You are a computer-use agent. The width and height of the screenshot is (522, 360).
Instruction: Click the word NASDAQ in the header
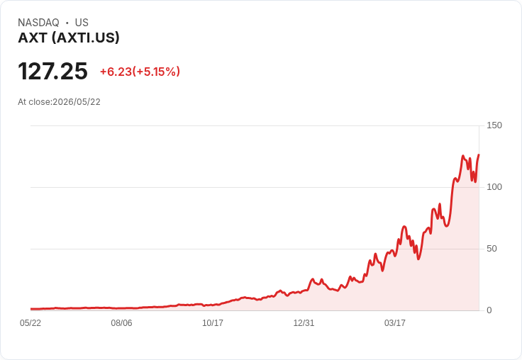tap(38, 23)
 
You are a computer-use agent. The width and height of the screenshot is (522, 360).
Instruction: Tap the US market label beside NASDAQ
tap(82, 23)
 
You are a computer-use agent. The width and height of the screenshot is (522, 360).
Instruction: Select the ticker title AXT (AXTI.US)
tap(69, 38)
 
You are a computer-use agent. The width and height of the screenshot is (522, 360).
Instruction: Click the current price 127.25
tap(52, 71)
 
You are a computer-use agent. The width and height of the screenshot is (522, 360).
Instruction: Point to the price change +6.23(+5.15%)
tap(140, 72)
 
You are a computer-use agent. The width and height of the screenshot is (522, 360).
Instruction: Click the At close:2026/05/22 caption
tap(59, 102)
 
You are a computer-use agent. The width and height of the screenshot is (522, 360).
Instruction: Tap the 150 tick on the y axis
tap(494, 125)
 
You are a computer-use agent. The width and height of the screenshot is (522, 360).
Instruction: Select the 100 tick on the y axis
tap(494, 187)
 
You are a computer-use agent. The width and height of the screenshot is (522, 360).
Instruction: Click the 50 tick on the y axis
tap(492, 249)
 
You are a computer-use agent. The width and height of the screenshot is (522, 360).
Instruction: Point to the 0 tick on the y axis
tap(489, 310)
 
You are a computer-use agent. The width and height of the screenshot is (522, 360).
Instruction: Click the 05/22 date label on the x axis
tap(30, 322)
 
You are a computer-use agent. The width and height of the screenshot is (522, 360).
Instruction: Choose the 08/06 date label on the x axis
tap(121, 322)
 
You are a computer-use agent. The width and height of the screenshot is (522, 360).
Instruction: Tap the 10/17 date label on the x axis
tap(213, 322)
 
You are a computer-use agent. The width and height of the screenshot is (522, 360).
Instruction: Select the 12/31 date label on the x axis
tap(304, 322)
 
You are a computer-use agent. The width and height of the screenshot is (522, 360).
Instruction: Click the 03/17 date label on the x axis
tap(395, 322)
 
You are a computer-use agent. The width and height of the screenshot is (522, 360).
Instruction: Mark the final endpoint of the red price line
tap(479, 154)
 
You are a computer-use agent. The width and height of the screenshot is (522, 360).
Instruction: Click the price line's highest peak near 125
tap(463, 156)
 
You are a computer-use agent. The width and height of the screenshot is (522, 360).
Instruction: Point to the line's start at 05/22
tap(31, 309)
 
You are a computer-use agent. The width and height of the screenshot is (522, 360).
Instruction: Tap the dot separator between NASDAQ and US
tap(67, 23)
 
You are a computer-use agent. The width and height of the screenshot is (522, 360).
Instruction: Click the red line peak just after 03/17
tap(404, 227)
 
